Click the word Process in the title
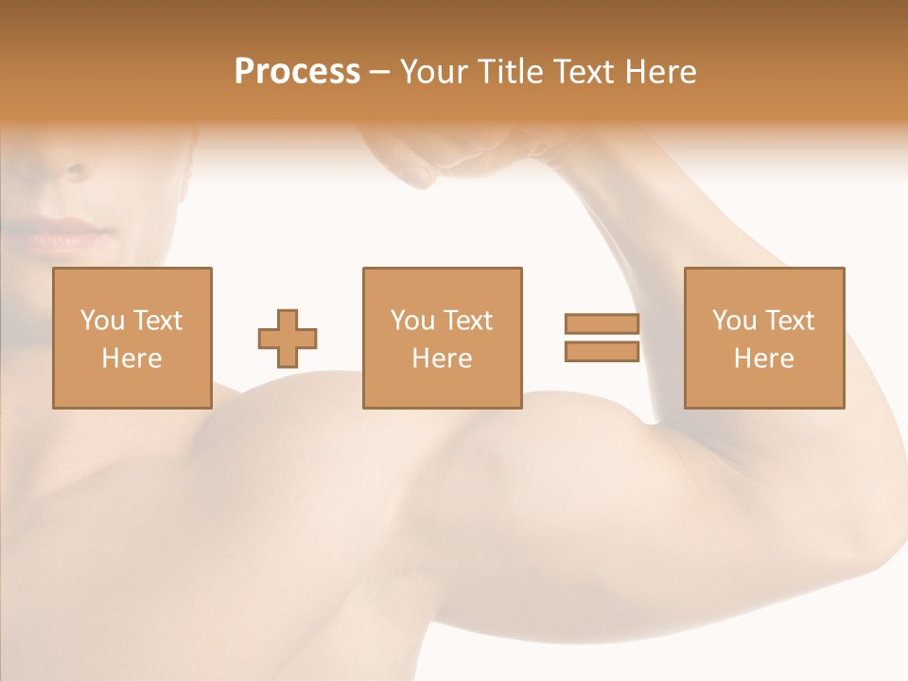pos(297,72)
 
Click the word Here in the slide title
pos(663,72)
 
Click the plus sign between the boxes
pos(288,339)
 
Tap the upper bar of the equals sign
pos(602,323)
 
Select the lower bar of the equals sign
pos(602,351)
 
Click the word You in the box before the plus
pos(101,321)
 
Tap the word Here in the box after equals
pos(764,358)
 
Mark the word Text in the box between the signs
pos(469,321)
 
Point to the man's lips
pos(66,235)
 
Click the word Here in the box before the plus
pos(132,358)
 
